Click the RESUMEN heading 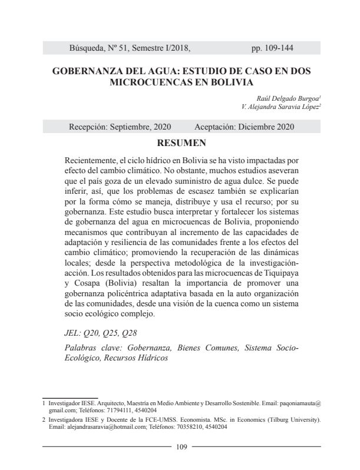click(181, 143)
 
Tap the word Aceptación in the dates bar click(216, 127)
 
